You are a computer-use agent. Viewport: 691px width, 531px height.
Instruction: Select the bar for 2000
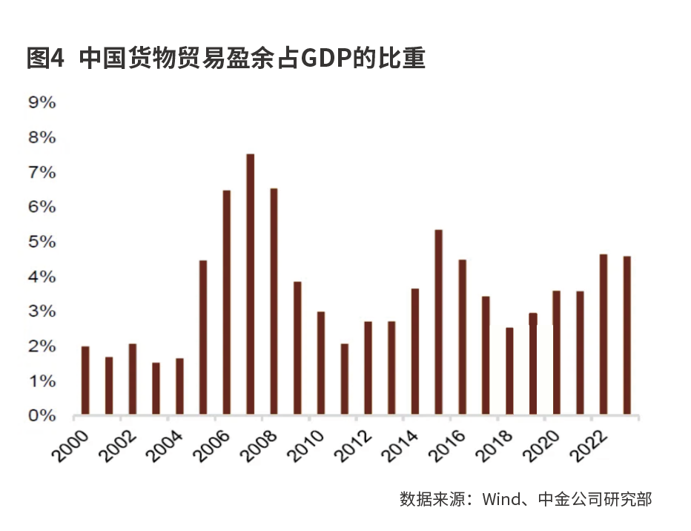(x=85, y=380)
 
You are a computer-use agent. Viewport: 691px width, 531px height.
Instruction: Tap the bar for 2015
(x=439, y=323)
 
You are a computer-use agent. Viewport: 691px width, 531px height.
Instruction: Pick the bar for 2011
(x=345, y=379)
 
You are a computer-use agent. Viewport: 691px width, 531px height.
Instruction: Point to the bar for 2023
(x=627, y=335)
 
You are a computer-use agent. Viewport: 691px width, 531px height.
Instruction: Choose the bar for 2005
(x=203, y=337)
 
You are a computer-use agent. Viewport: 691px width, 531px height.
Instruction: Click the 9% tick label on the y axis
(x=42, y=103)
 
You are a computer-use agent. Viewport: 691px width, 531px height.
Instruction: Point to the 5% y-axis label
(x=42, y=243)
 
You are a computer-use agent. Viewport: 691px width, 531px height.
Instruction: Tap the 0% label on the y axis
(x=42, y=416)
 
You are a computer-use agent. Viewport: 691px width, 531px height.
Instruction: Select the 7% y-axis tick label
(x=42, y=173)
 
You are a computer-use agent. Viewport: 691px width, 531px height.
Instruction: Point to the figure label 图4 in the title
(x=46, y=58)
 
